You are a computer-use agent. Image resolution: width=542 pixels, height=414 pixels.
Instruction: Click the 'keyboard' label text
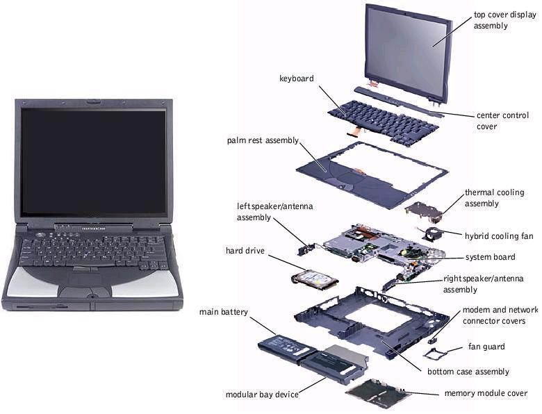click(296, 78)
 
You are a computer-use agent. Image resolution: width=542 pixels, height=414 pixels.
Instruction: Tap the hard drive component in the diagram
click(315, 279)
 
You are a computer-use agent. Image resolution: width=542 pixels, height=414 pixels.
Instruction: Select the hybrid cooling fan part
click(430, 233)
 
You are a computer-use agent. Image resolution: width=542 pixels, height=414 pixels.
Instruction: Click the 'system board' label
click(490, 257)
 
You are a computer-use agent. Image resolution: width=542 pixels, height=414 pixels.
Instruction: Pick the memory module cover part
click(377, 392)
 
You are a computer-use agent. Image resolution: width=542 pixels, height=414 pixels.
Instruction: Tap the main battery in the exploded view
click(286, 348)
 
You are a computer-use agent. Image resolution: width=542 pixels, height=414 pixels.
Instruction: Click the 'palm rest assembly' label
click(263, 140)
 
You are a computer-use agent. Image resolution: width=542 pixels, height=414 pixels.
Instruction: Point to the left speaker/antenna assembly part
click(306, 249)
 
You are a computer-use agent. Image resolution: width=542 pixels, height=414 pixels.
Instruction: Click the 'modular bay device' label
click(262, 395)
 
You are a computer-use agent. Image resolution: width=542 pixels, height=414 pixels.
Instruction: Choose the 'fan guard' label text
click(486, 346)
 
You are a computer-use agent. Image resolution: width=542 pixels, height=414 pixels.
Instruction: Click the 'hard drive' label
click(245, 251)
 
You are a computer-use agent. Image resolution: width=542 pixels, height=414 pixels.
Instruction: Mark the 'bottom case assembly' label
click(468, 372)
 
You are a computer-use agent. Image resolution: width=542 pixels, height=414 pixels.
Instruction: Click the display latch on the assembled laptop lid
click(93, 101)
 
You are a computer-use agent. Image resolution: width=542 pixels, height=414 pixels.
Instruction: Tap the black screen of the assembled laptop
click(94, 162)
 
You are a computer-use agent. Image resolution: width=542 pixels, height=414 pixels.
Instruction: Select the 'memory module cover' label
click(486, 393)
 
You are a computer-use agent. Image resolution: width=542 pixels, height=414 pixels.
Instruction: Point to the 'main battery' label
click(223, 312)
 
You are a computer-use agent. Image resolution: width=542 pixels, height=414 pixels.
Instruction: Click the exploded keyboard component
click(383, 122)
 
